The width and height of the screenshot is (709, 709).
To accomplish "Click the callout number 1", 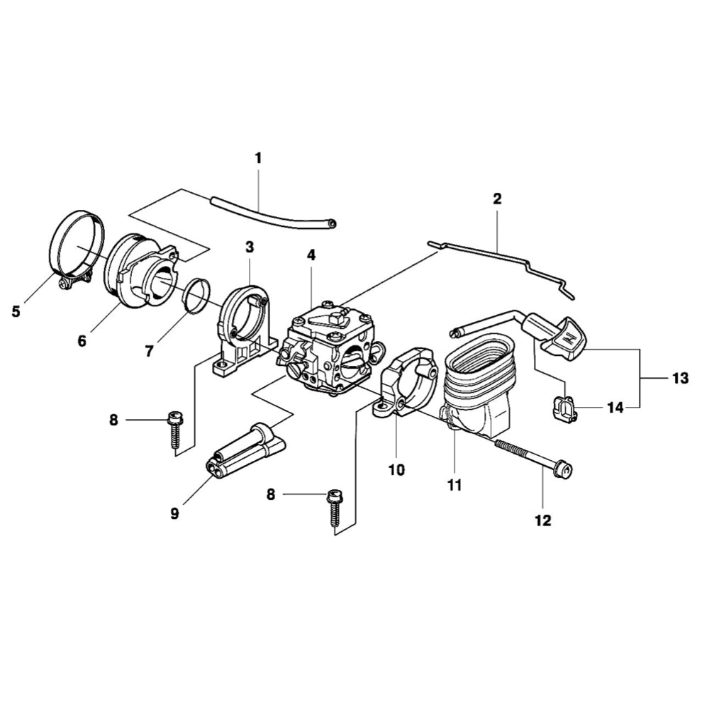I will [258, 158].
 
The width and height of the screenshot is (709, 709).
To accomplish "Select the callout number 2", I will [497, 199].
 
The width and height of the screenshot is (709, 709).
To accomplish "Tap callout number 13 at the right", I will [680, 379].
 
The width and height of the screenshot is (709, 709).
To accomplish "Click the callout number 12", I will [542, 520].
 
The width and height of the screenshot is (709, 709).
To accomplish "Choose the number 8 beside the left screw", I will [114, 420].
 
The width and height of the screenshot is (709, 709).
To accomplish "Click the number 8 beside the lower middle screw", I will [270, 494].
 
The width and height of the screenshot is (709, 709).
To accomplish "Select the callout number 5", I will [16, 310].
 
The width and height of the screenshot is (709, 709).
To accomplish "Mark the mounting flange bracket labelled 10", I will [408, 383].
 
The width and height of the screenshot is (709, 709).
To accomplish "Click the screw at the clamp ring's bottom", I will [66, 284].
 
